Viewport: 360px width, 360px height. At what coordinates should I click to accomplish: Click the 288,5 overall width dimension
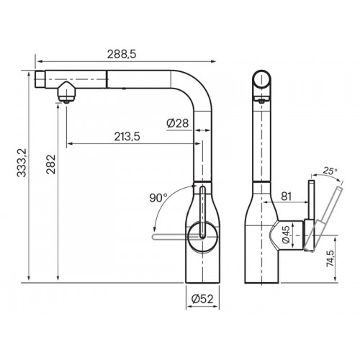click(x=122, y=54)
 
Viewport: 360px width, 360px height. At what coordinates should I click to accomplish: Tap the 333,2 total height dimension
click(x=22, y=163)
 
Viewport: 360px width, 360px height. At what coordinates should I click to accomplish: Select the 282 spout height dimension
click(x=51, y=164)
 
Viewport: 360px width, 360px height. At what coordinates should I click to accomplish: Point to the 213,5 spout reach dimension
click(x=127, y=137)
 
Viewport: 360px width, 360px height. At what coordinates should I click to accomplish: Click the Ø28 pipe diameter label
click(x=178, y=123)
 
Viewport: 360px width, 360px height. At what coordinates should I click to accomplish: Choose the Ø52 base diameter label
click(x=202, y=299)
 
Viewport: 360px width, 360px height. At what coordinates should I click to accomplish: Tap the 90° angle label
click(x=158, y=198)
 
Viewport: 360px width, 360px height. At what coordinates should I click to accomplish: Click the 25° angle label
click(x=330, y=171)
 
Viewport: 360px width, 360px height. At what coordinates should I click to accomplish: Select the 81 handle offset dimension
click(x=286, y=197)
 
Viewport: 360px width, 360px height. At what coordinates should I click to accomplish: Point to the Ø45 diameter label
click(x=286, y=235)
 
